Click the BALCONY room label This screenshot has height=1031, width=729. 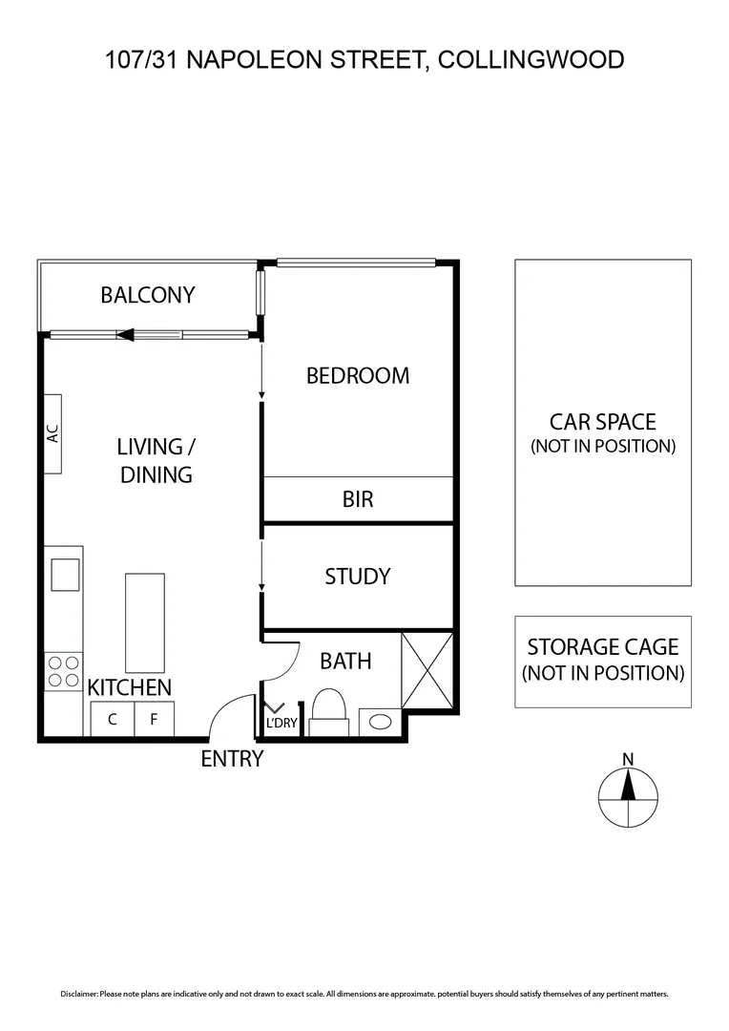pyautogui.click(x=147, y=295)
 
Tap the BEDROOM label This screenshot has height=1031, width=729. pyautogui.click(x=357, y=375)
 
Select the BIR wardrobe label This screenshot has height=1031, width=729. pyautogui.click(x=357, y=498)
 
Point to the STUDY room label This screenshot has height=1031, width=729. pyautogui.click(x=357, y=577)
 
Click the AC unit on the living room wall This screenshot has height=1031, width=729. pyautogui.click(x=53, y=433)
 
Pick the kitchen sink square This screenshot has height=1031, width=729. pyautogui.click(x=66, y=574)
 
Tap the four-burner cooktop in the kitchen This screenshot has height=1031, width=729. pyautogui.click(x=63, y=671)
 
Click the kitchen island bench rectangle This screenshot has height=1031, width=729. pyautogui.click(x=144, y=621)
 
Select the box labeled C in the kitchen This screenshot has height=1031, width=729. pyautogui.click(x=112, y=720)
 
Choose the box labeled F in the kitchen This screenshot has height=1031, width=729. pyautogui.click(x=154, y=720)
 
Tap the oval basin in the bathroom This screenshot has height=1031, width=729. pyautogui.click(x=380, y=722)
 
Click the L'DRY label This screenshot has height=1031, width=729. pyautogui.click(x=281, y=724)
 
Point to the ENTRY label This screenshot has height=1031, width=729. pyautogui.click(x=232, y=759)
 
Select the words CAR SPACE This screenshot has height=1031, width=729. pyautogui.click(x=602, y=421)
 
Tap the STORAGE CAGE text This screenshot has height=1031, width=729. pyautogui.click(x=602, y=646)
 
